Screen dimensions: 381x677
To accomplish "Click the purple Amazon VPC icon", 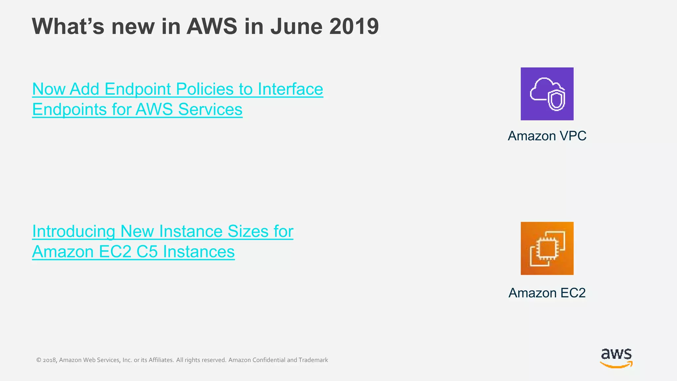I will click(547, 94).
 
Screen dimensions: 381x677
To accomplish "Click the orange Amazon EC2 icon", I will click(547, 248).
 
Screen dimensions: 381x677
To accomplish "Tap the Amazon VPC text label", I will click(547, 136).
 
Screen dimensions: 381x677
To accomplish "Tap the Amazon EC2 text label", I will click(547, 293).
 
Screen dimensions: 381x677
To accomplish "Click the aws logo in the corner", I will click(616, 358).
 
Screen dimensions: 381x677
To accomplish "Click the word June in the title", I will click(296, 26).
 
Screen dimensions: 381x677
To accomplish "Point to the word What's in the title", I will click(68, 26).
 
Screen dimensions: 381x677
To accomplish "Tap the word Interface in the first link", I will click(290, 89).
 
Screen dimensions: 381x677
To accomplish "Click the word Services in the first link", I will click(210, 109).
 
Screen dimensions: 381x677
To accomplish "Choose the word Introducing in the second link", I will click(73, 231).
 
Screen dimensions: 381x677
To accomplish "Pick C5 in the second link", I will click(147, 252).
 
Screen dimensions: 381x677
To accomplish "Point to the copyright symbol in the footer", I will click(39, 360).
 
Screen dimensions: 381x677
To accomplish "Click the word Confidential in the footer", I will click(269, 360).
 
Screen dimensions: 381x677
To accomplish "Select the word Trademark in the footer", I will click(313, 360).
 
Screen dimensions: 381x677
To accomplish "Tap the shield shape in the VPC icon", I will click(556, 100).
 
